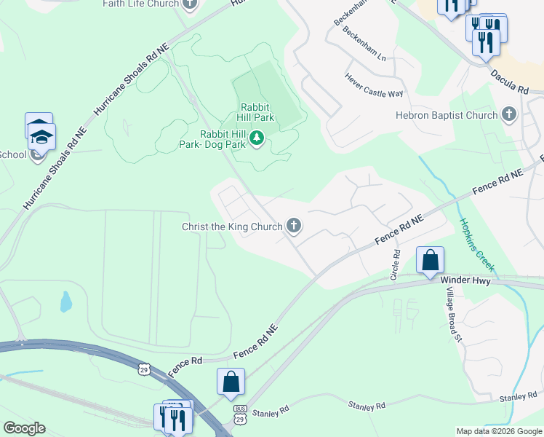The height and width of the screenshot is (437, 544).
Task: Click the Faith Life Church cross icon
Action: [191, 4]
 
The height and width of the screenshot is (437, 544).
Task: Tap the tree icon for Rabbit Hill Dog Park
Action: [256, 138]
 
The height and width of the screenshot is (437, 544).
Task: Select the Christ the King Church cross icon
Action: [294, 227]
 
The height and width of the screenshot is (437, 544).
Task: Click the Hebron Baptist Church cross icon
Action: [509, 115]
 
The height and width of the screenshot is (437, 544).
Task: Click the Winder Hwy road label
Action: [465, 280]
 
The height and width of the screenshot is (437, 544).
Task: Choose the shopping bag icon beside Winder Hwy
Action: [430, 260]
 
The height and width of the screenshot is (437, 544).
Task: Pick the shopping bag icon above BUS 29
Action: [231, 382]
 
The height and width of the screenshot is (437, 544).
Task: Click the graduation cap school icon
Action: [41, 135]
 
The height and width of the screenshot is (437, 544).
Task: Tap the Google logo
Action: [24, 428]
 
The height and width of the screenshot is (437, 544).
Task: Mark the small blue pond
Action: [66, 302]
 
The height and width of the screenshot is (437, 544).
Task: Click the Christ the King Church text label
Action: [231, 227]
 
